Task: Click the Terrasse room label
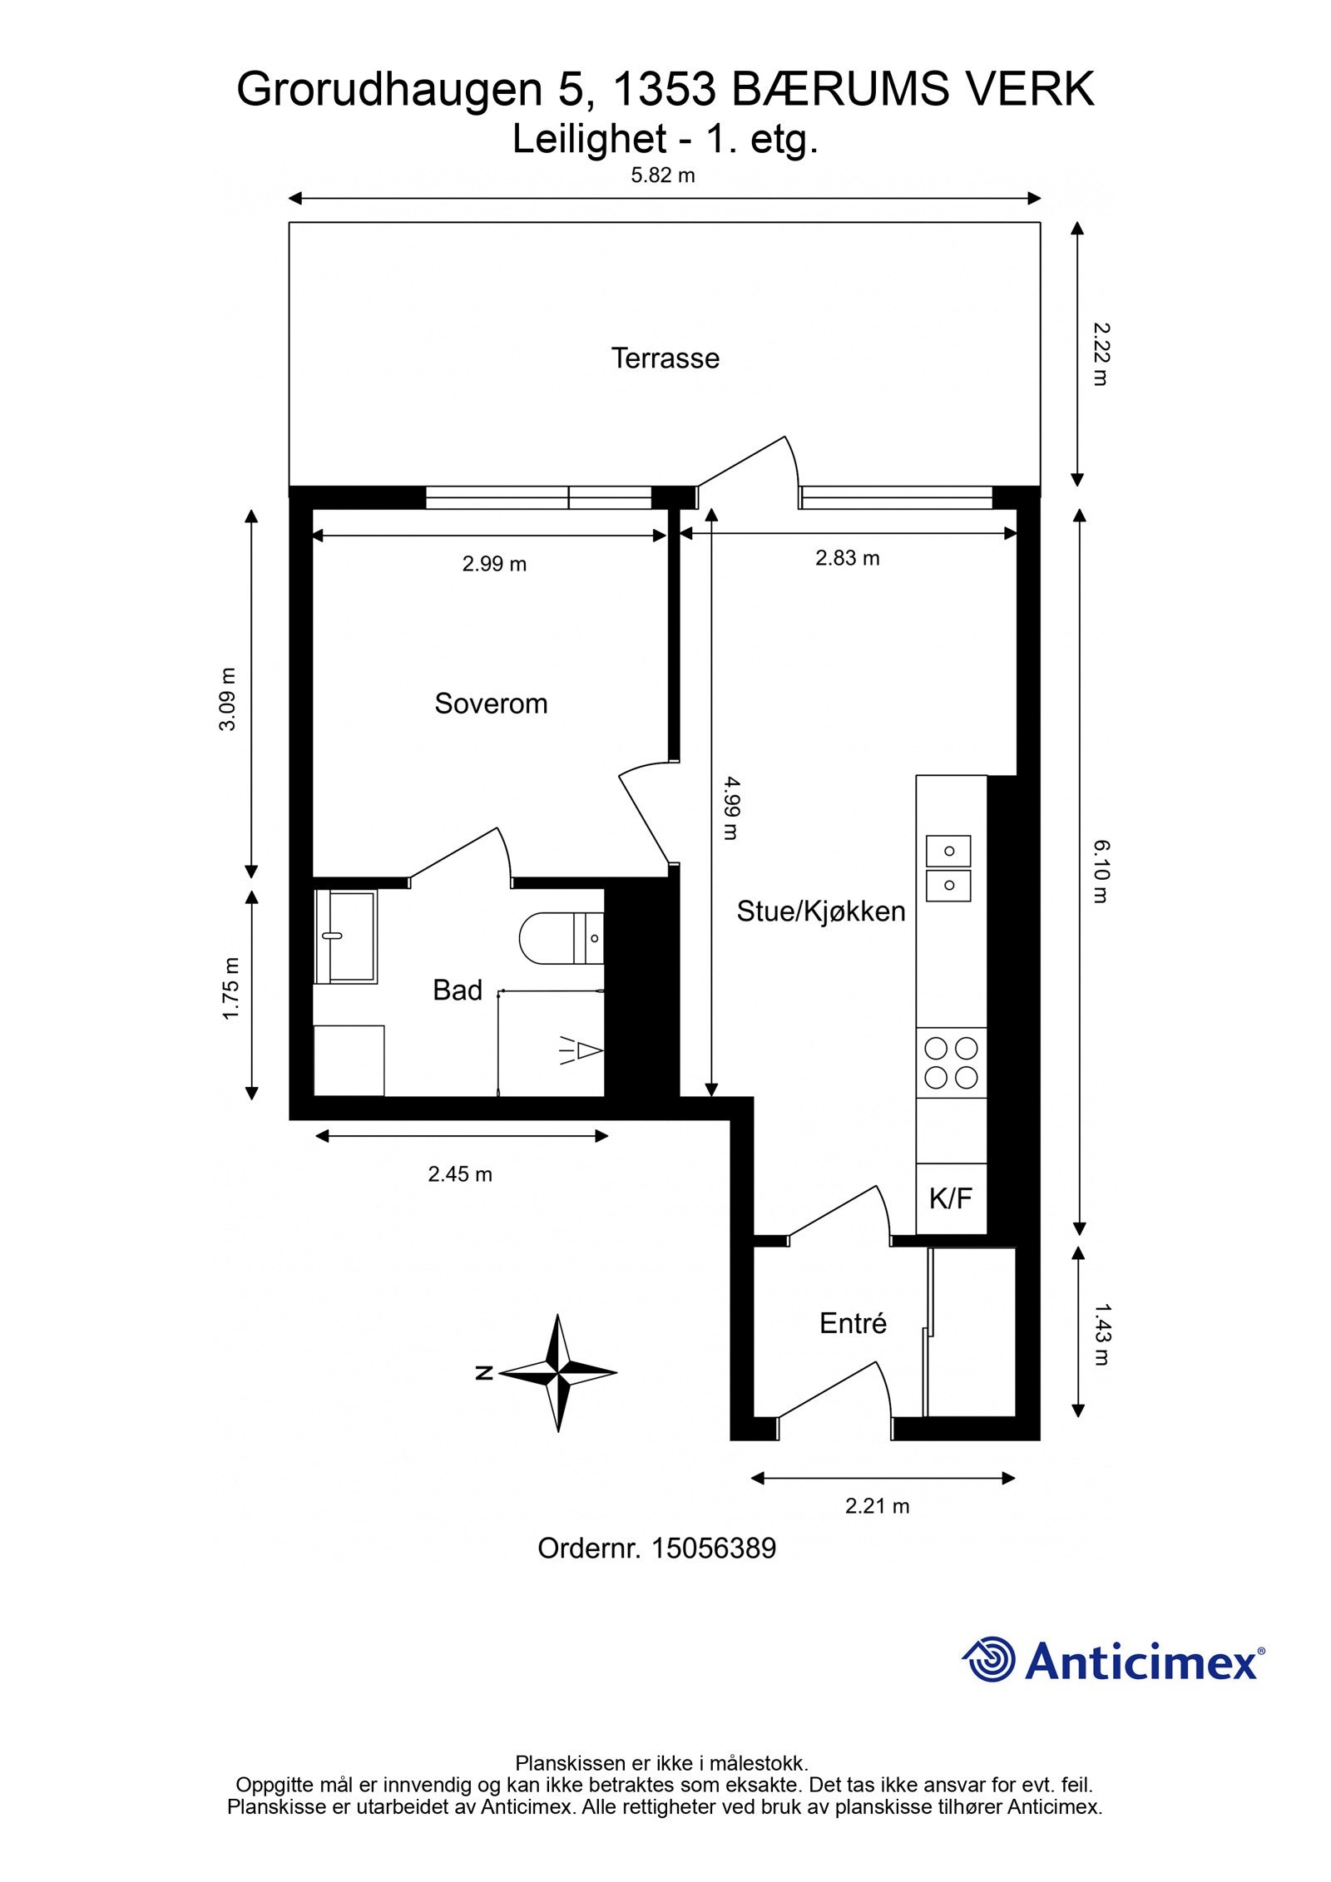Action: (x=665, y=358)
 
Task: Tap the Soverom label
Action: (x=491, y=704)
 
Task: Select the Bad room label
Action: (x=458, y=990)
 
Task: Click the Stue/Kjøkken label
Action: (x=820, y=911)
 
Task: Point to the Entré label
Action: (x=853, y=1323)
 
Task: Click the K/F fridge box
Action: (x=951, y=1198)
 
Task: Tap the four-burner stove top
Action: (x=951, y=1062)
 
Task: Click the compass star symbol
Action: (x=558, y=1373)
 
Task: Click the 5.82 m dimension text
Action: (x=663, y=175)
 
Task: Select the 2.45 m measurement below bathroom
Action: (x=460, y=1174)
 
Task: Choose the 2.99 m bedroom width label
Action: (x=494, y=564)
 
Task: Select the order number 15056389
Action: (x=714, y=1549)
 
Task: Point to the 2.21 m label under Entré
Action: (x=877, y=1506)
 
